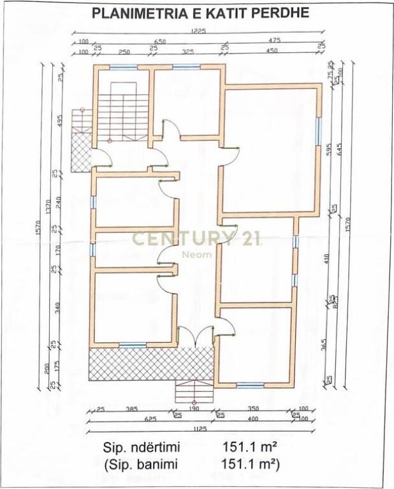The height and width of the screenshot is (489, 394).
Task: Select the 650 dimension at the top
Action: pyautogui.click(x=160, y=41)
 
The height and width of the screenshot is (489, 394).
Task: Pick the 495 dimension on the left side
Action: pyautogui.click(x=59, y=121)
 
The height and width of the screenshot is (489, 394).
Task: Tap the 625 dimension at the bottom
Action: pyautogui.click(x=133, y=420)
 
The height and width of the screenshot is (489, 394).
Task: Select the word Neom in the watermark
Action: pyautogui.click(x=193, y=254)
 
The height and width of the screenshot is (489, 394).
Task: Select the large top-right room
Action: pyautogui.click(x=269, y=150)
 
